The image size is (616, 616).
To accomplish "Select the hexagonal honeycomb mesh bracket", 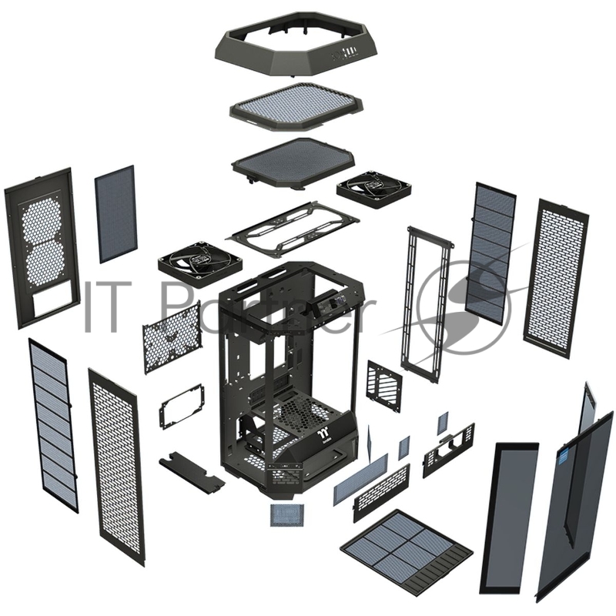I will [171, 336].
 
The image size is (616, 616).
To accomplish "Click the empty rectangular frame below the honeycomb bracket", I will [182, 405].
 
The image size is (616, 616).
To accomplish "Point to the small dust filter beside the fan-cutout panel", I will [115, 213].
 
